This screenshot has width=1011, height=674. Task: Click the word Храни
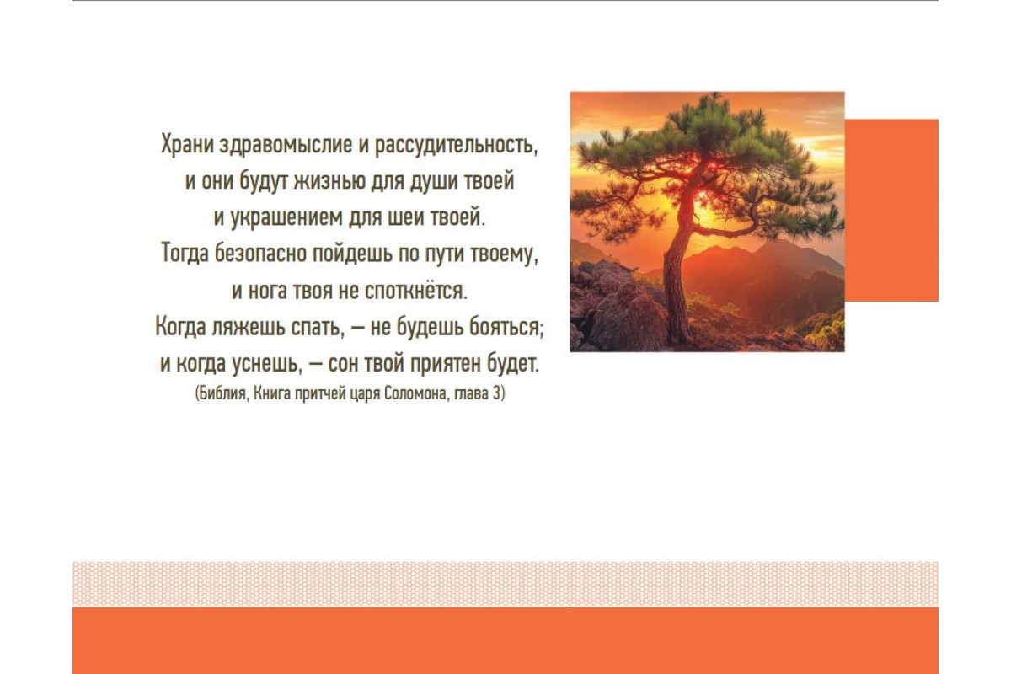tap(187, 144)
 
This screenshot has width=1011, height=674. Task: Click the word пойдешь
tap(353, 254)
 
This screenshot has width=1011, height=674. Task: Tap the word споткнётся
tap(415, 292)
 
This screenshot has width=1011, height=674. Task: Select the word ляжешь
tap(249, 327)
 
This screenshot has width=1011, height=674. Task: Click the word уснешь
tap(267, 364)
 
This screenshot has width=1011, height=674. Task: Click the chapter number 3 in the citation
tap(496, 393)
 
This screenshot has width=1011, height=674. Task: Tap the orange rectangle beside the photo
tap(891, 211)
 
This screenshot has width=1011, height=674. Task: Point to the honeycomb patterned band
tap(505, 584)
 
